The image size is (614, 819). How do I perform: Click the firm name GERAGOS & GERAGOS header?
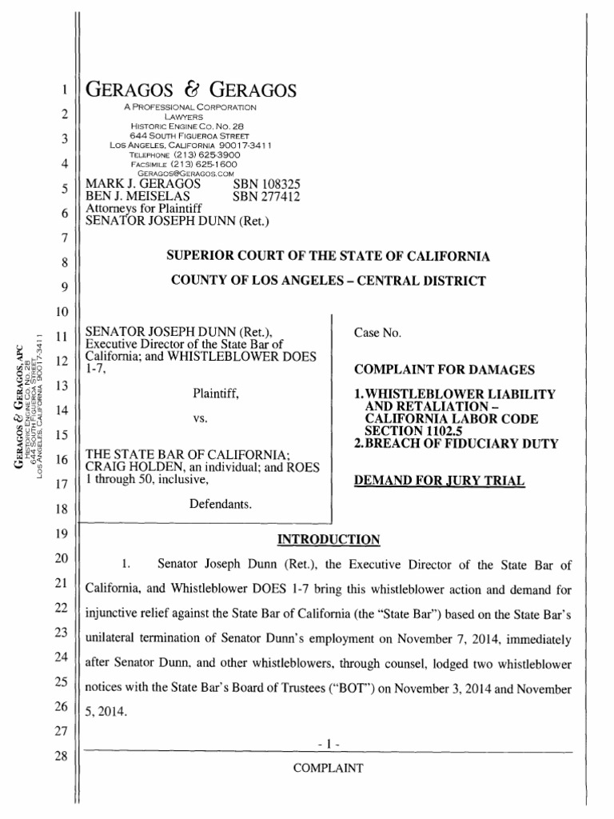[x=190, y=90]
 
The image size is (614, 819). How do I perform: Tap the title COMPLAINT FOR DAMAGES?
[x=422, y=369]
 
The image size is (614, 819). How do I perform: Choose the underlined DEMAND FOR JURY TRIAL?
[x=439, y=480]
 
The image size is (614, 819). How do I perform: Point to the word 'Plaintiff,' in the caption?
[x=215, y=394]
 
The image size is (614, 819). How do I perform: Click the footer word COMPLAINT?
[x=329, y=769]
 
